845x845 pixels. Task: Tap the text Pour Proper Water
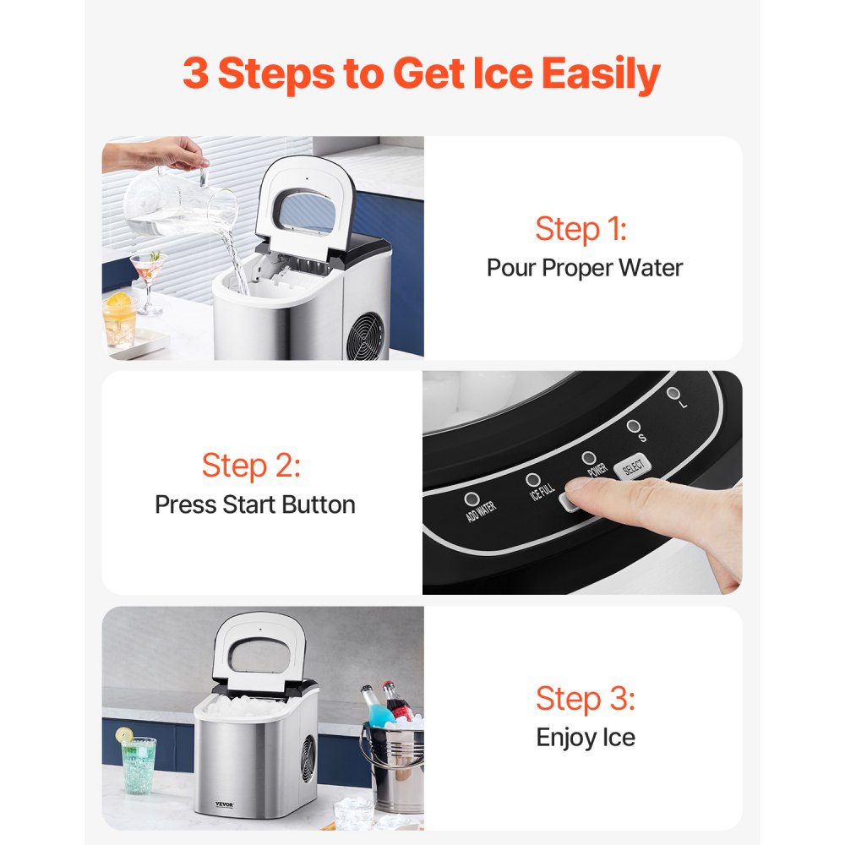[x=584, y=268]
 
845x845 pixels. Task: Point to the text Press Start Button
[x=254, y=504]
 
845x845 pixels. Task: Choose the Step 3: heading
[x=585, y=699]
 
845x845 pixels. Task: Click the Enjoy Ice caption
[x=585, y=737]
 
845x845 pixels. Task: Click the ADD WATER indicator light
[x=471, y=499]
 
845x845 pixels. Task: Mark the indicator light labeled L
[x=673, y=393]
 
